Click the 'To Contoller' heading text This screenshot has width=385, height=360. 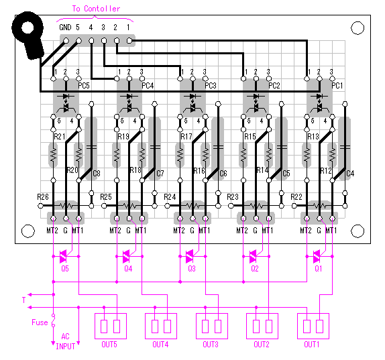tap(96, 9)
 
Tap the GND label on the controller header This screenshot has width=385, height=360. tap(65, 27)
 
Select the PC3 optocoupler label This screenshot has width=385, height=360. tap(211, 86)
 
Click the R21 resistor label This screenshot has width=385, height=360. tap(60, 137)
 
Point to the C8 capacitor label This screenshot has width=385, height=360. tap(97, 174)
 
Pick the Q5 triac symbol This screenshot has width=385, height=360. tap(64, 256)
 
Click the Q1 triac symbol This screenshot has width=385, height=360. tap(317, 256)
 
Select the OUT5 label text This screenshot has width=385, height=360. tap(109, 345)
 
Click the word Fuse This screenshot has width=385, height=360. tap(40, 322)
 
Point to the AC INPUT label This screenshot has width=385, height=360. tap(65, 341)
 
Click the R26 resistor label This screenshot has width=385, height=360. tap(43, 197)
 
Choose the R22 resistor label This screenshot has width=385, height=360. tap(296, 197)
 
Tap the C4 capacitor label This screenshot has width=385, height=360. tap(350, 174)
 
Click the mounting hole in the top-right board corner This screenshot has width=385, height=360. tap(357, 28)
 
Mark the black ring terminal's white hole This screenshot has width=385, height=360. tap(27, 27)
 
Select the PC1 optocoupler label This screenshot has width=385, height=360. tap(337, 86)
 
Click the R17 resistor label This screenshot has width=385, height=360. tap(186, 137)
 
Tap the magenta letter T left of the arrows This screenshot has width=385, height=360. tap(24, 300)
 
